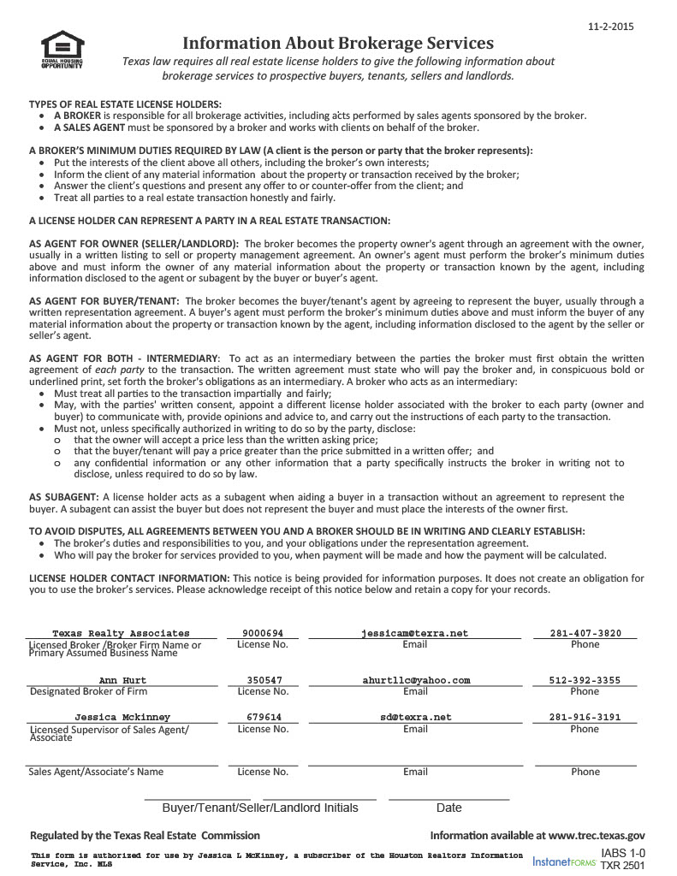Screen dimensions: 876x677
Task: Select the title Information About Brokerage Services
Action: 338,43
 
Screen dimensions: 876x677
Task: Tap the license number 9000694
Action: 263,634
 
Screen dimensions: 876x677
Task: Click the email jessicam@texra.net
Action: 415,634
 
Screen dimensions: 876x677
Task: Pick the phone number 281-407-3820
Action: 585,634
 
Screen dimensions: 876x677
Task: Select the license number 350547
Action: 263,681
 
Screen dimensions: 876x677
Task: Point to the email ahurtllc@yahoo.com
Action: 415,681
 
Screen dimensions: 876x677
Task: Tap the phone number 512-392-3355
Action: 585,681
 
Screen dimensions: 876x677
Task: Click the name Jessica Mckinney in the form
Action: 122,718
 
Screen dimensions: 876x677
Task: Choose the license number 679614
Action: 263,718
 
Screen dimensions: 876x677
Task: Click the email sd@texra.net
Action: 415,718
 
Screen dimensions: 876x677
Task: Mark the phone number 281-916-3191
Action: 585,718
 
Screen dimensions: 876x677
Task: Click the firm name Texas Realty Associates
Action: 121,634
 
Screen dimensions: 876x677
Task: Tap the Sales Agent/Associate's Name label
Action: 96,772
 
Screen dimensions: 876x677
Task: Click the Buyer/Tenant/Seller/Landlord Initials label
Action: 260,808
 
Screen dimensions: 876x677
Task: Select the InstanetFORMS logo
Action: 564,861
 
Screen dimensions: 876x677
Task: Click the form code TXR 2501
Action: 623,866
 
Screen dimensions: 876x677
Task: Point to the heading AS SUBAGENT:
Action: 63,497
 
